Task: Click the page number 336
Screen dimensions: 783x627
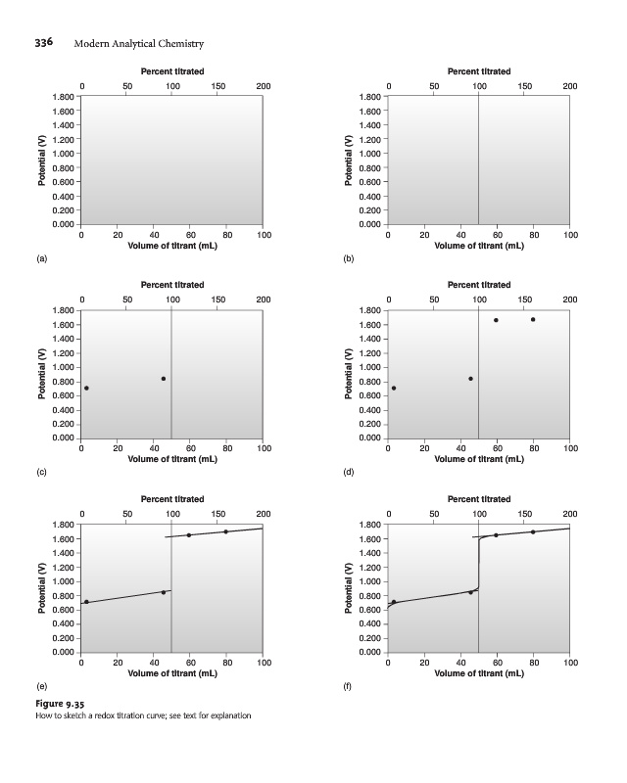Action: click(43, 42)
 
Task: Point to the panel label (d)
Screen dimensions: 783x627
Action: click(349, 473)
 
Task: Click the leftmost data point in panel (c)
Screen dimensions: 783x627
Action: click(86, 389)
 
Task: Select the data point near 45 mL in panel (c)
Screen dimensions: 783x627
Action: click(163, 379)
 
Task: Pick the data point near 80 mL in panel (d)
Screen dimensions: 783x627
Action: click(533, 319)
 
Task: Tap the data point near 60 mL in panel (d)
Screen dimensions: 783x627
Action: click(496, 320)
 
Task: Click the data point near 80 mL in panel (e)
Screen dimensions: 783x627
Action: click(226, 531)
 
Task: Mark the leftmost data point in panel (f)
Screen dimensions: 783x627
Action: click(394, 602)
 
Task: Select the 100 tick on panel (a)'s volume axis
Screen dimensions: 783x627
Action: click(263, 235)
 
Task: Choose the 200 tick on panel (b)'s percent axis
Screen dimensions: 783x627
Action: click(570, 88)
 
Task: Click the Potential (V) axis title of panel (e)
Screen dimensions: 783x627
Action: click(42, 588)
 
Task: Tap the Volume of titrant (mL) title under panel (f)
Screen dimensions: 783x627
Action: click(479, 673)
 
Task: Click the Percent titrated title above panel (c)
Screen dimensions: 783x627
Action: click(172, 285)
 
